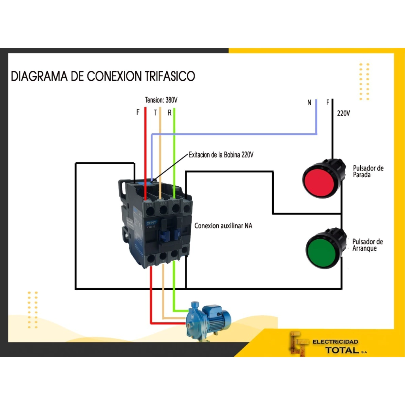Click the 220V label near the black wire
pos(343,113)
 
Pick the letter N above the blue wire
pos(309,103)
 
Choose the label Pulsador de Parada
pos(368,171)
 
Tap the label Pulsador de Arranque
pos(367,245)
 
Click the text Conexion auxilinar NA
pos(223,226)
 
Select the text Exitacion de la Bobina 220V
pos(221,155)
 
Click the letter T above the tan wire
pos(155,113)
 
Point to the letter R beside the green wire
pos(169,113)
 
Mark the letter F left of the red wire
pos(138,112)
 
